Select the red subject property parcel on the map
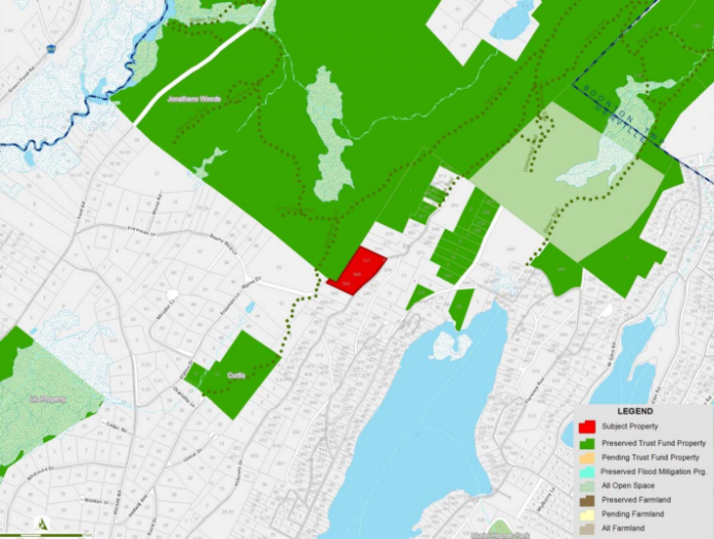359,272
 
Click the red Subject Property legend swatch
588,427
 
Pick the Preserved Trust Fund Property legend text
653,443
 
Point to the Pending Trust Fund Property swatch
588,457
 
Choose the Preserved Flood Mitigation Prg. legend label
653,472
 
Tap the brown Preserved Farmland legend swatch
588,500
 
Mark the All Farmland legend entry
629,528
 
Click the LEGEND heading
633,412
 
